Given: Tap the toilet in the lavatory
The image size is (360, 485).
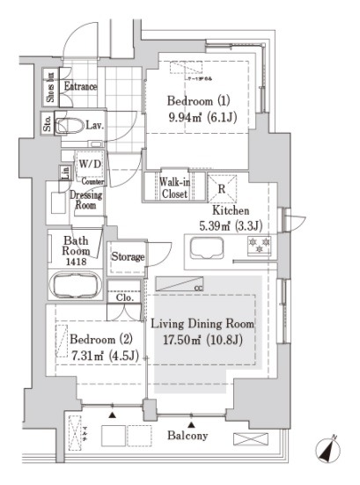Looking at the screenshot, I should click(x=69, y=124).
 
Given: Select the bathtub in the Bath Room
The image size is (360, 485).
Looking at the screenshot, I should click(x=75, y=285).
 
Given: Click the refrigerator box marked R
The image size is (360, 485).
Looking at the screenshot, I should click(x=220, y=188).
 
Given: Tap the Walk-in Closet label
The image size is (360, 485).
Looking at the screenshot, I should click(x=173, y=187).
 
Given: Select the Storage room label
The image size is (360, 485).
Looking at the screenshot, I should click(x=128, y=257).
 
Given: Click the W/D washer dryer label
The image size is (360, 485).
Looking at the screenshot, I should click(x=89, y=165).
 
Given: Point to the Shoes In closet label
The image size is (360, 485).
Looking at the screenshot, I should click(x=50, y=85).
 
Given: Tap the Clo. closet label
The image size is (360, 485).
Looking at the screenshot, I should click(x=124, y=297).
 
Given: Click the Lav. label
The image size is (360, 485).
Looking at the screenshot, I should click(x=96, y=126).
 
